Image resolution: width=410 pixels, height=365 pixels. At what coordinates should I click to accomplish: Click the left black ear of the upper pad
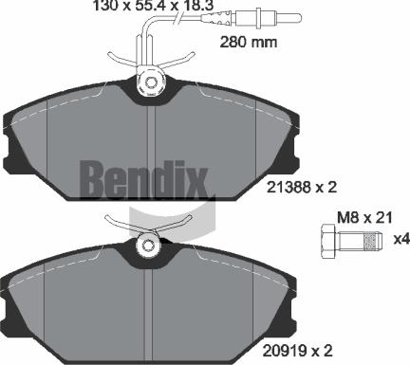(x=16, y=142)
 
